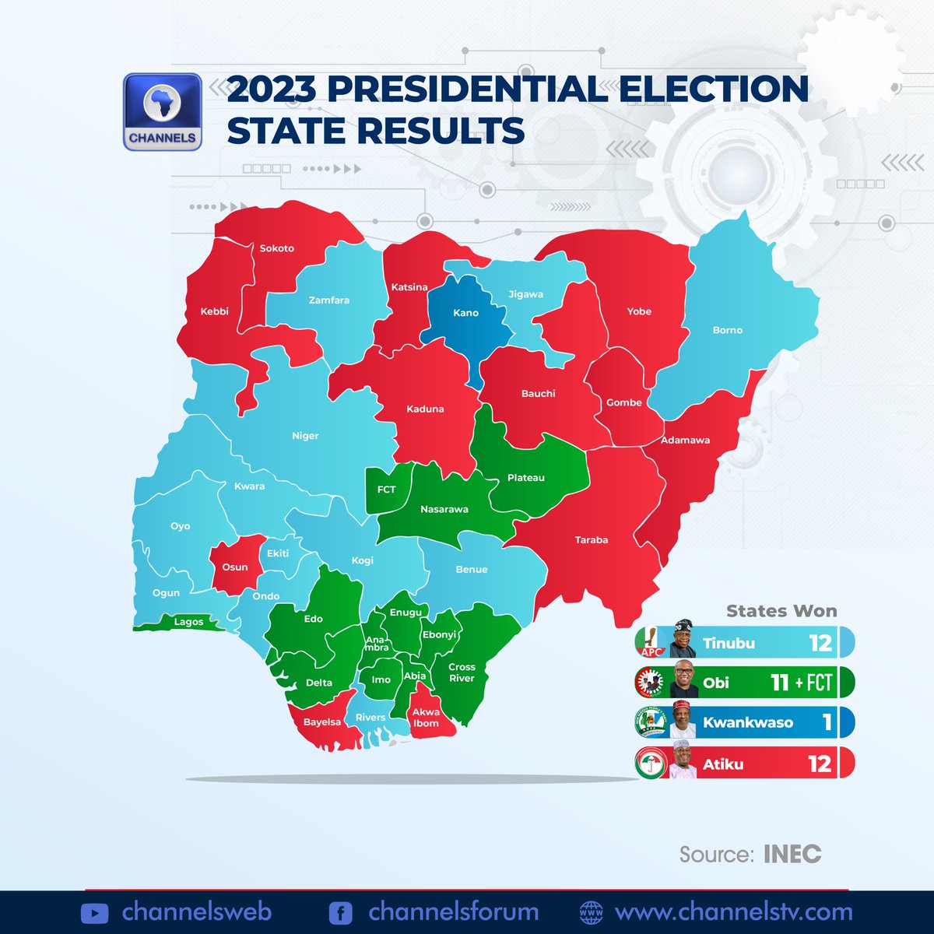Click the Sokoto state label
tap(277, 248)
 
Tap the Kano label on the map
tap(465, 313)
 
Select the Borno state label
tap(728, 330)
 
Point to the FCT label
tap(386, 490)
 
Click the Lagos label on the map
tap(188, 622)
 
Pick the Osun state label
tap(235, 567)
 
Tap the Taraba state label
tap(592, 539)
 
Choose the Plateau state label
tap(526, 478)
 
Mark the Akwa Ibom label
tap(426, 718)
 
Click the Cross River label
tap(462, 672)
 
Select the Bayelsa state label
tap(322, 722)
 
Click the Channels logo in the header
tap(163, 112)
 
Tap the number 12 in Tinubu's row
tap(820, 643)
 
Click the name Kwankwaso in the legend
tap(748, 722)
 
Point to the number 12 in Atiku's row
tap(820, 764)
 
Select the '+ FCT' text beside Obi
tap(814, 683)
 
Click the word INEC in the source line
tap(792, 854)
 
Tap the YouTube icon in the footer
tap(94, 913)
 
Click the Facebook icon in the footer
tap(340, 913)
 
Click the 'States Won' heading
tap(781, 611)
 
